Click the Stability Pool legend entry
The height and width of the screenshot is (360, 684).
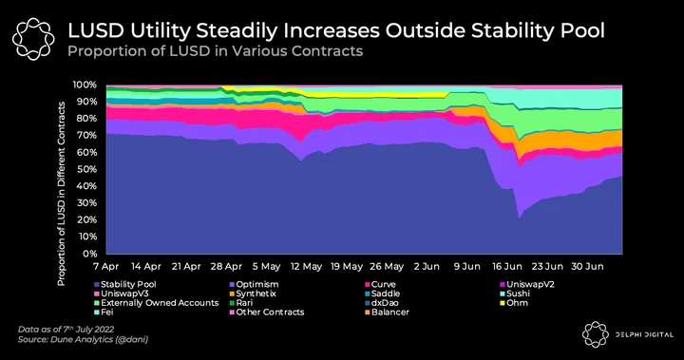(125, 285)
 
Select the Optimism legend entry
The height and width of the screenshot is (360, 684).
(255, 285)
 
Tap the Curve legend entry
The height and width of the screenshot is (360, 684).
(380, 285)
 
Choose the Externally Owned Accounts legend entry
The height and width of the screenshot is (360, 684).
(157, 303)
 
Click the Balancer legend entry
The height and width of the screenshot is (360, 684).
(387, 313)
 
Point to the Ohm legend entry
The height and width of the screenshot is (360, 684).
(514, 303)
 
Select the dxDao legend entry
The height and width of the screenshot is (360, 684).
(382, 303)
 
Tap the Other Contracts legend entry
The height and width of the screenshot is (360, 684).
(267, 313)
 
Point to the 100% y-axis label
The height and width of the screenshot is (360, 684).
(85, 85)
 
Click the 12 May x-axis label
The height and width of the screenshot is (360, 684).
(306, 266)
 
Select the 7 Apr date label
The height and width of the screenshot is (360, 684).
(106, 266)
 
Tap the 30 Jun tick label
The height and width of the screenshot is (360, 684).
(588, 266)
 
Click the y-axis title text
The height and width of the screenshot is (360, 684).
(61, 194)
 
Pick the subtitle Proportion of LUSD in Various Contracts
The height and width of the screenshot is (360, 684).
(215, 51)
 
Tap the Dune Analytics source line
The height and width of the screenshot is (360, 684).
(83, 339)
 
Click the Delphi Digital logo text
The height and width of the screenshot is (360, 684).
(644, 334)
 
